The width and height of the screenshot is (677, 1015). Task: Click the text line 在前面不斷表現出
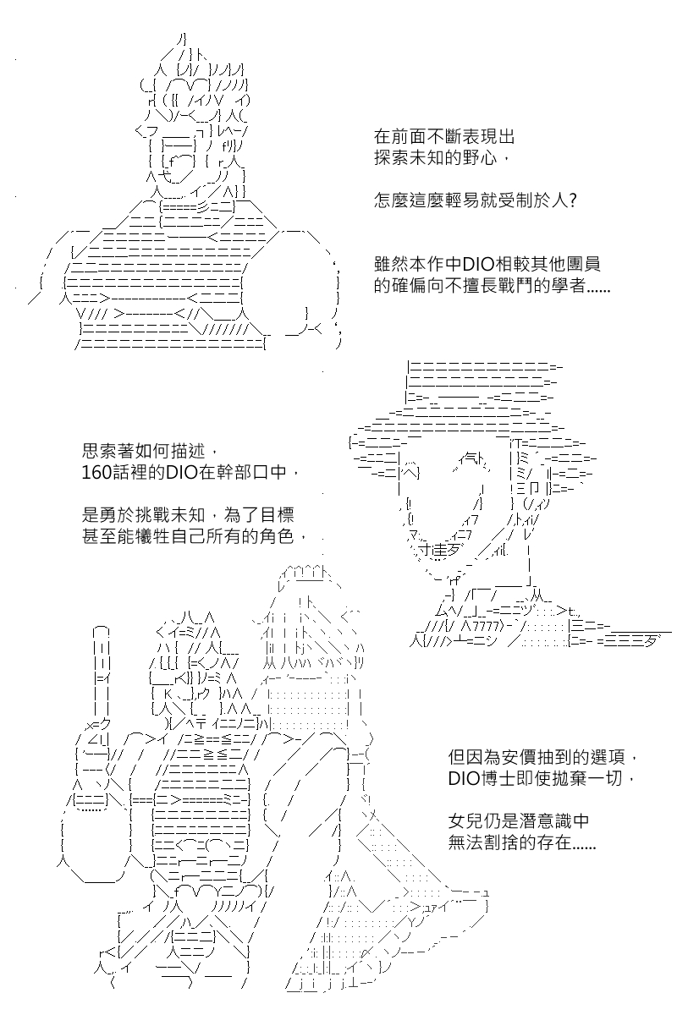[444, 137]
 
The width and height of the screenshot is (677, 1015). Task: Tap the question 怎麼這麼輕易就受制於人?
[476, 200]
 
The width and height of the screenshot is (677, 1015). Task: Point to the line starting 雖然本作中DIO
[487, 264]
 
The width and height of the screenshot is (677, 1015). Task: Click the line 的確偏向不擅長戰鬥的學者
[492, 286]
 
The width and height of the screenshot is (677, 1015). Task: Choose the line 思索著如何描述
[150, 452]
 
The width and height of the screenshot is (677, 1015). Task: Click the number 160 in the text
[96, 473]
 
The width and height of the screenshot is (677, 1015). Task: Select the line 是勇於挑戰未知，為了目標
[188, 515]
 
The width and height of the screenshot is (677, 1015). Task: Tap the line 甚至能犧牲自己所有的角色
[195, 536]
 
